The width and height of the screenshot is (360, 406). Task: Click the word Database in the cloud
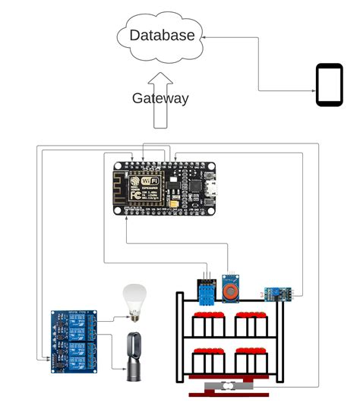tap(162, 35)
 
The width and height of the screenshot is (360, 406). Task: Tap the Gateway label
tap(160, 98)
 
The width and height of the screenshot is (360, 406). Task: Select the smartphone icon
tap(330, 85)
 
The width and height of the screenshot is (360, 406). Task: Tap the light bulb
tap(134, 298)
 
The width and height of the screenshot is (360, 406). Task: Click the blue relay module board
tap(74, 341)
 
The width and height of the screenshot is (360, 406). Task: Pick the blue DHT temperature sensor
tap(204, 290)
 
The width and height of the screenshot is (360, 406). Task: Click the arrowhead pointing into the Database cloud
tap(206, 35)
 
